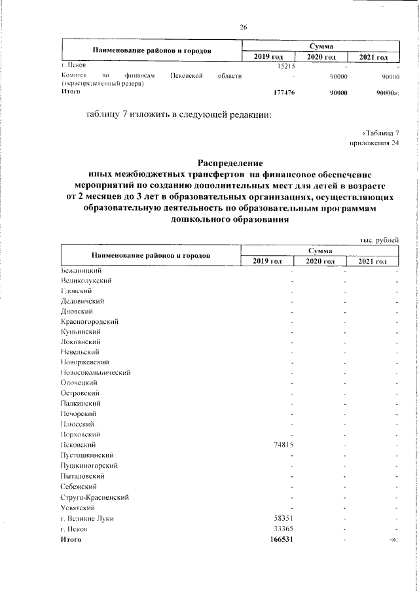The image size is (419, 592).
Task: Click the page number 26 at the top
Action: point(244,27)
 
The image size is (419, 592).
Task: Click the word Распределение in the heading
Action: point(230,162)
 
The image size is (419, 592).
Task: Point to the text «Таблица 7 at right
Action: point(380,134)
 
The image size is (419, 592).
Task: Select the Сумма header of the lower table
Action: point(321,251)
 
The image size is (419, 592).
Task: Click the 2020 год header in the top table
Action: point(321,58)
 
